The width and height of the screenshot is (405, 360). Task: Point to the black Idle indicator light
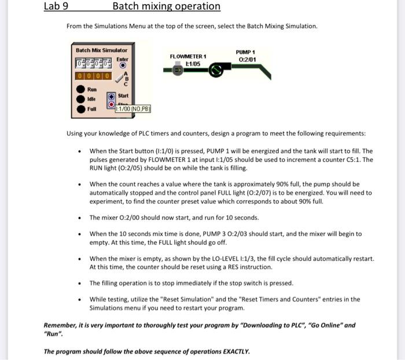[x=80, y=99]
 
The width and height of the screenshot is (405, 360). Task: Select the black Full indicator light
[x=80, y=108]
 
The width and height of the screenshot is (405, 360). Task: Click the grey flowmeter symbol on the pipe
[x=178, y=70]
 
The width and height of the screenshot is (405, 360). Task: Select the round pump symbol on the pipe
[x=216, y=70]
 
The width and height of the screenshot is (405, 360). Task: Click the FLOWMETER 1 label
[x=189, y=56]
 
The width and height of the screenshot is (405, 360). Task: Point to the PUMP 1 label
[x=245, y=52]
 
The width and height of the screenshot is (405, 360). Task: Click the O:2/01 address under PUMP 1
[x=245, y=59]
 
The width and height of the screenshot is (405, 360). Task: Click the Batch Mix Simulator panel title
[x=101, y=50]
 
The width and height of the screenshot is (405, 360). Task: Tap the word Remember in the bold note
[x=60, y=326]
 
